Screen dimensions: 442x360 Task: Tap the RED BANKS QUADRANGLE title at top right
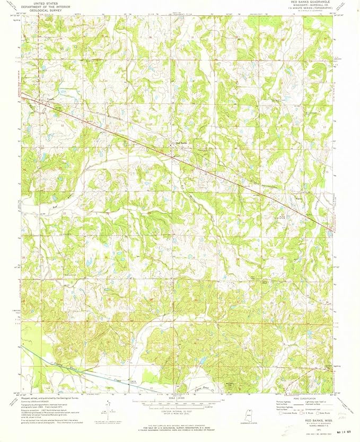pos(310,3)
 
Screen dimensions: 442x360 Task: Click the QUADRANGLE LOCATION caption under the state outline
pos(243,425)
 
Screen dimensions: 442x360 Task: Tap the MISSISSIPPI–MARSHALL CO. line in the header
pos(310,6)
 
